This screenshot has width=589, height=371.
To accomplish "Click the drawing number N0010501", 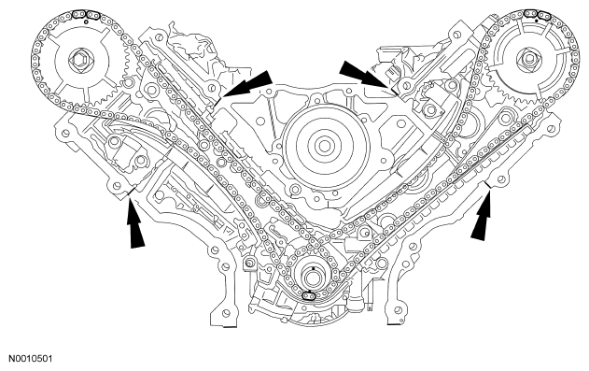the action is [x=31, y=358].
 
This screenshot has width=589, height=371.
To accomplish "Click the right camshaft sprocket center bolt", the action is [x=530, y=60].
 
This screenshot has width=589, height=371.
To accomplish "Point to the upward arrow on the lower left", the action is [x=134, y=223].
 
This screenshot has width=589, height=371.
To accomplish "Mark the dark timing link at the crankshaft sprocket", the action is [x=309, y=297].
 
